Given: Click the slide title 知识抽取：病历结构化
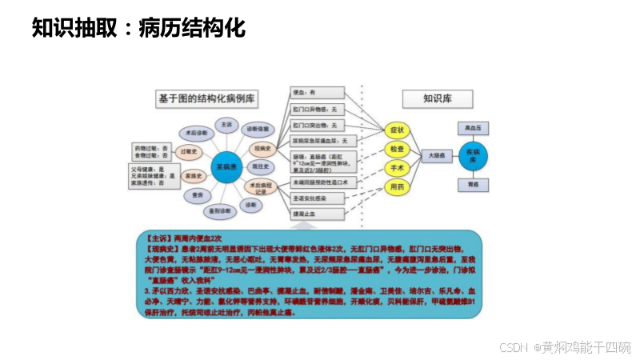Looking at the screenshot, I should (138, 28).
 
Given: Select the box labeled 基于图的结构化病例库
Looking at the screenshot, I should (206, 98).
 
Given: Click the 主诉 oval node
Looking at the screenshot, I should (226, 125).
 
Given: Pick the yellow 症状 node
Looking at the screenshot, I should (396, 130).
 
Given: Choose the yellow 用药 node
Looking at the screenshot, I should (396, 187).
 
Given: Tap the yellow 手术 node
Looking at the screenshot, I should (396, 168).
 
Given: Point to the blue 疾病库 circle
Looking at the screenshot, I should (474, 155).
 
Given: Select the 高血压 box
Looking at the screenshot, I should (474, 127).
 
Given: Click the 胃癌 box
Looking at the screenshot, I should (474, 185).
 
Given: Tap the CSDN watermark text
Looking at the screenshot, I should (565, 347).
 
